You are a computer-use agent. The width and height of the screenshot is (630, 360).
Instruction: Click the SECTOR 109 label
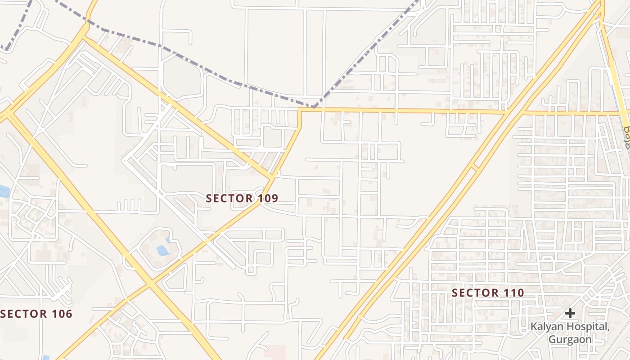pyautogui.click(x=242, y=198)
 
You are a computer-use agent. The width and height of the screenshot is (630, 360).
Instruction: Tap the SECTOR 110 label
pyautogui.click(x=488, y=293)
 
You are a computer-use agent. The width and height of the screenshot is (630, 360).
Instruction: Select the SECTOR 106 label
pyautogui.click(x=36, y=314)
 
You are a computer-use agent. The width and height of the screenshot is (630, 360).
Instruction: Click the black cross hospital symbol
pyautogui.click(x=570, y=313)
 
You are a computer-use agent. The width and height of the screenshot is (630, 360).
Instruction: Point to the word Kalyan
pyautogui.click(x=545, y=326)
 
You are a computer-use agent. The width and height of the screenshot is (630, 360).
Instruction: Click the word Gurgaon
pyautogui.click(x=570, y=339)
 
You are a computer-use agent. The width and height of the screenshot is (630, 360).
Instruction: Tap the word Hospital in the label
pyautogui.click(x=586, y=326)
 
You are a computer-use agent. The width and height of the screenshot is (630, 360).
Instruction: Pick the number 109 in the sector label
pyautogui.click(x=268, y=198)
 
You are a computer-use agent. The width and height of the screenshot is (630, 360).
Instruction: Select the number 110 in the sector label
pyautogui.click(x=514, y=293)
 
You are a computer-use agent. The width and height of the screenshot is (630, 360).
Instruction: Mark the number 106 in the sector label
pyautogui.click(x=62, y=314)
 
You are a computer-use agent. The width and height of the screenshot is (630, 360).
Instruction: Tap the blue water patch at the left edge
pyautogui.click(x=4, y=191)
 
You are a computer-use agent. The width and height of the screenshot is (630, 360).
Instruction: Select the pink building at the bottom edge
pyautogui.click(x=274, y=352)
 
